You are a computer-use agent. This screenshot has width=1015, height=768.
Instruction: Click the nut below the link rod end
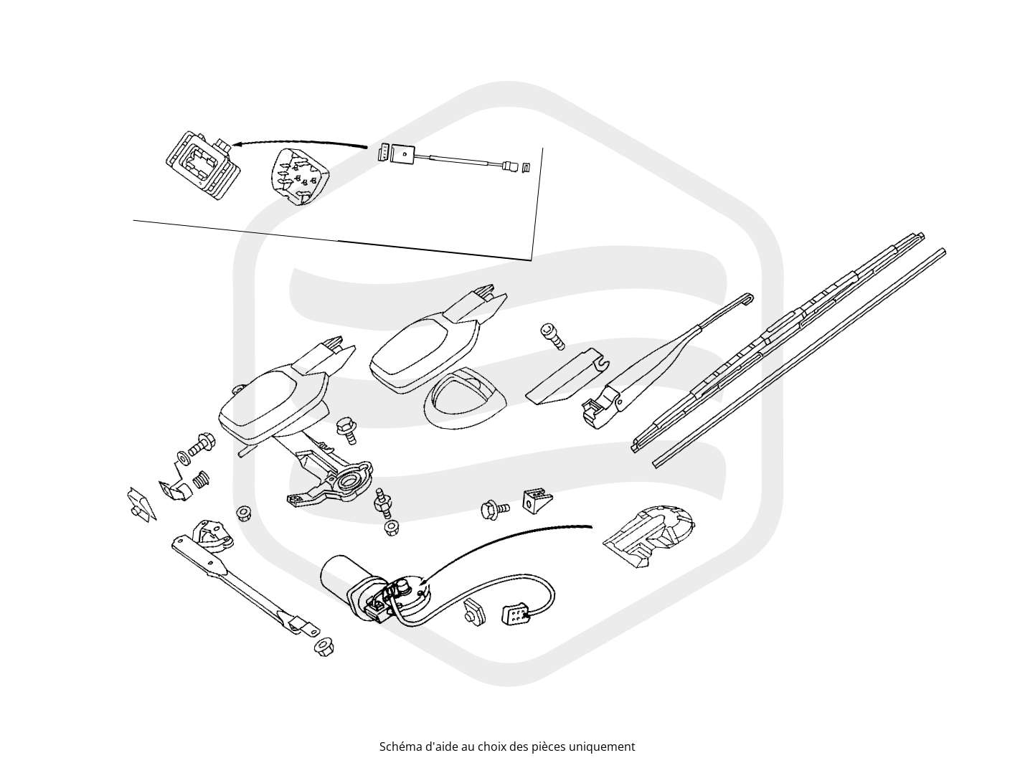coord(324,646)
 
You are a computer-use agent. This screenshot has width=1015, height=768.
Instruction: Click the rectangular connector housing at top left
coord(202,164)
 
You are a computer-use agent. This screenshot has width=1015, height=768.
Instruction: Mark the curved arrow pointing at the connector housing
coord(300,142)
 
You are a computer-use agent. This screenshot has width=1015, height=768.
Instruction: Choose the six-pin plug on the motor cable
coord(517,612)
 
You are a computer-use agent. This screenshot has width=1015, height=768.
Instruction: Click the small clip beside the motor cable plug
coord(473,612)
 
